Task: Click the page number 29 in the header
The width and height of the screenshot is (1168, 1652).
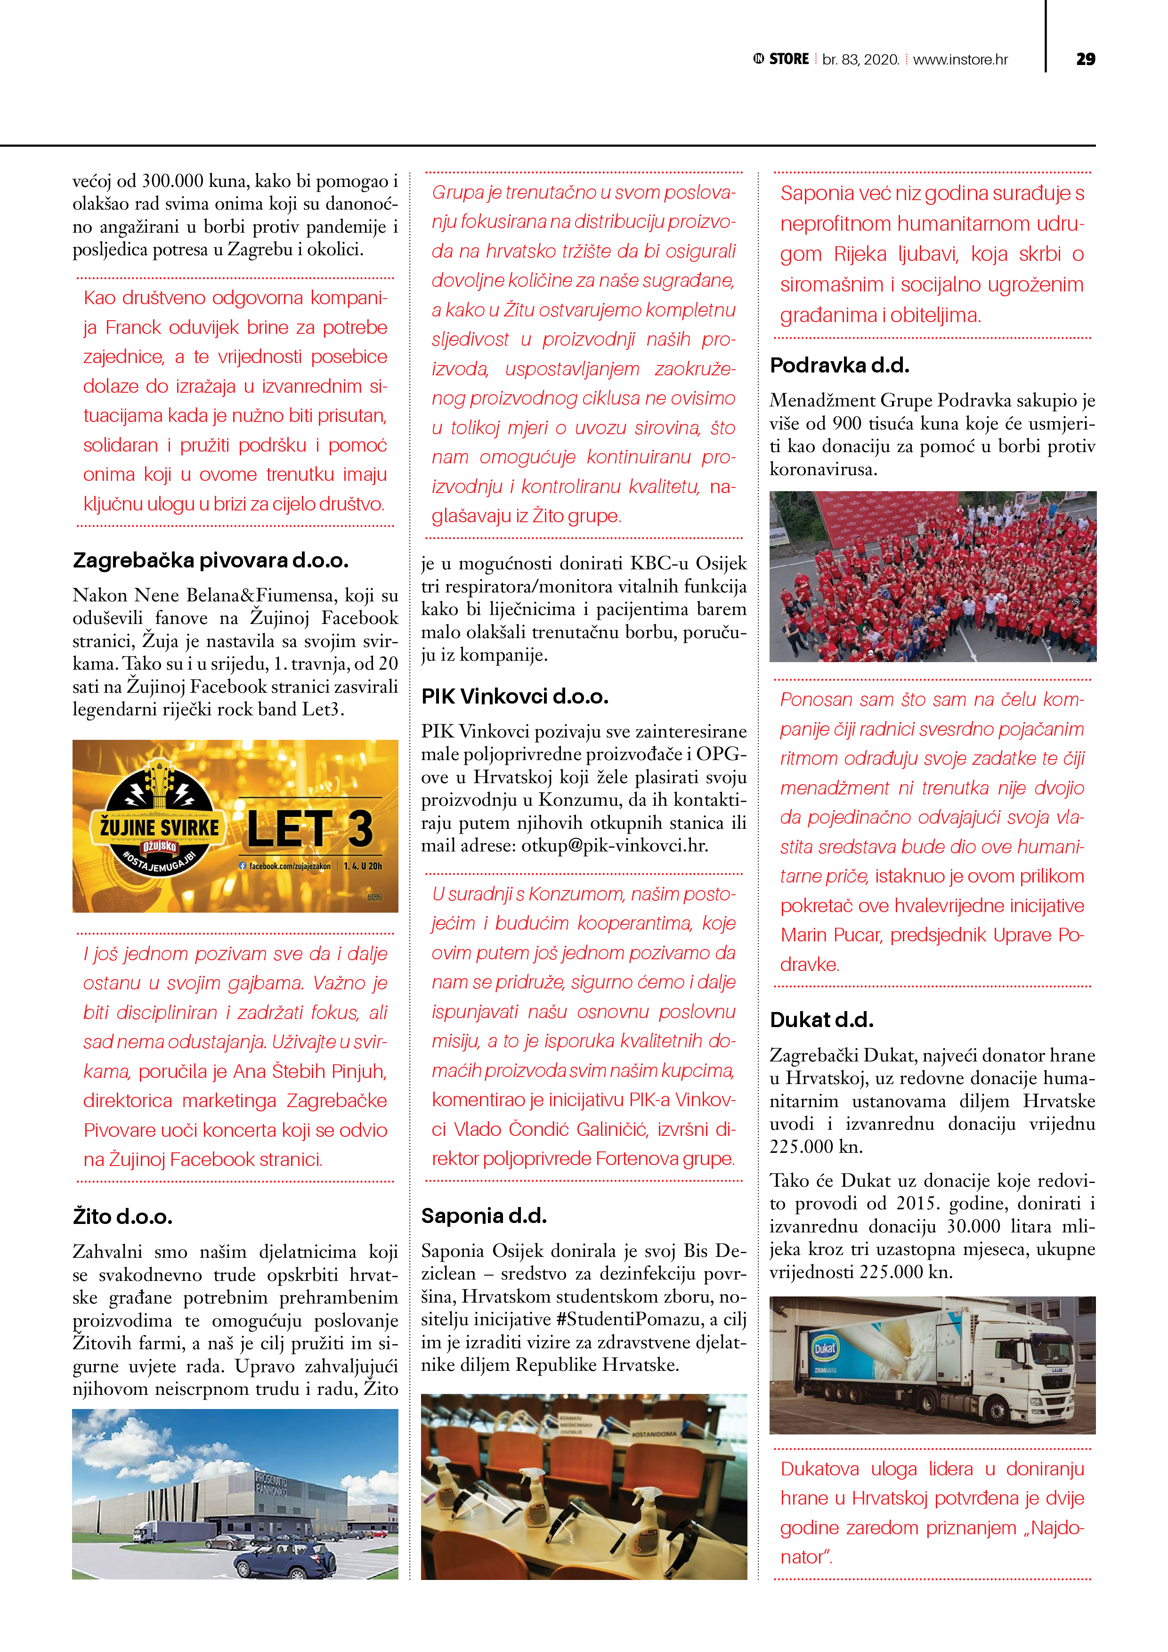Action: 1085,59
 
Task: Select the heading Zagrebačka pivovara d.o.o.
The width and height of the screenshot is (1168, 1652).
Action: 210,560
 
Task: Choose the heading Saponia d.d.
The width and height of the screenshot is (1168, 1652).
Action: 484,1216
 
